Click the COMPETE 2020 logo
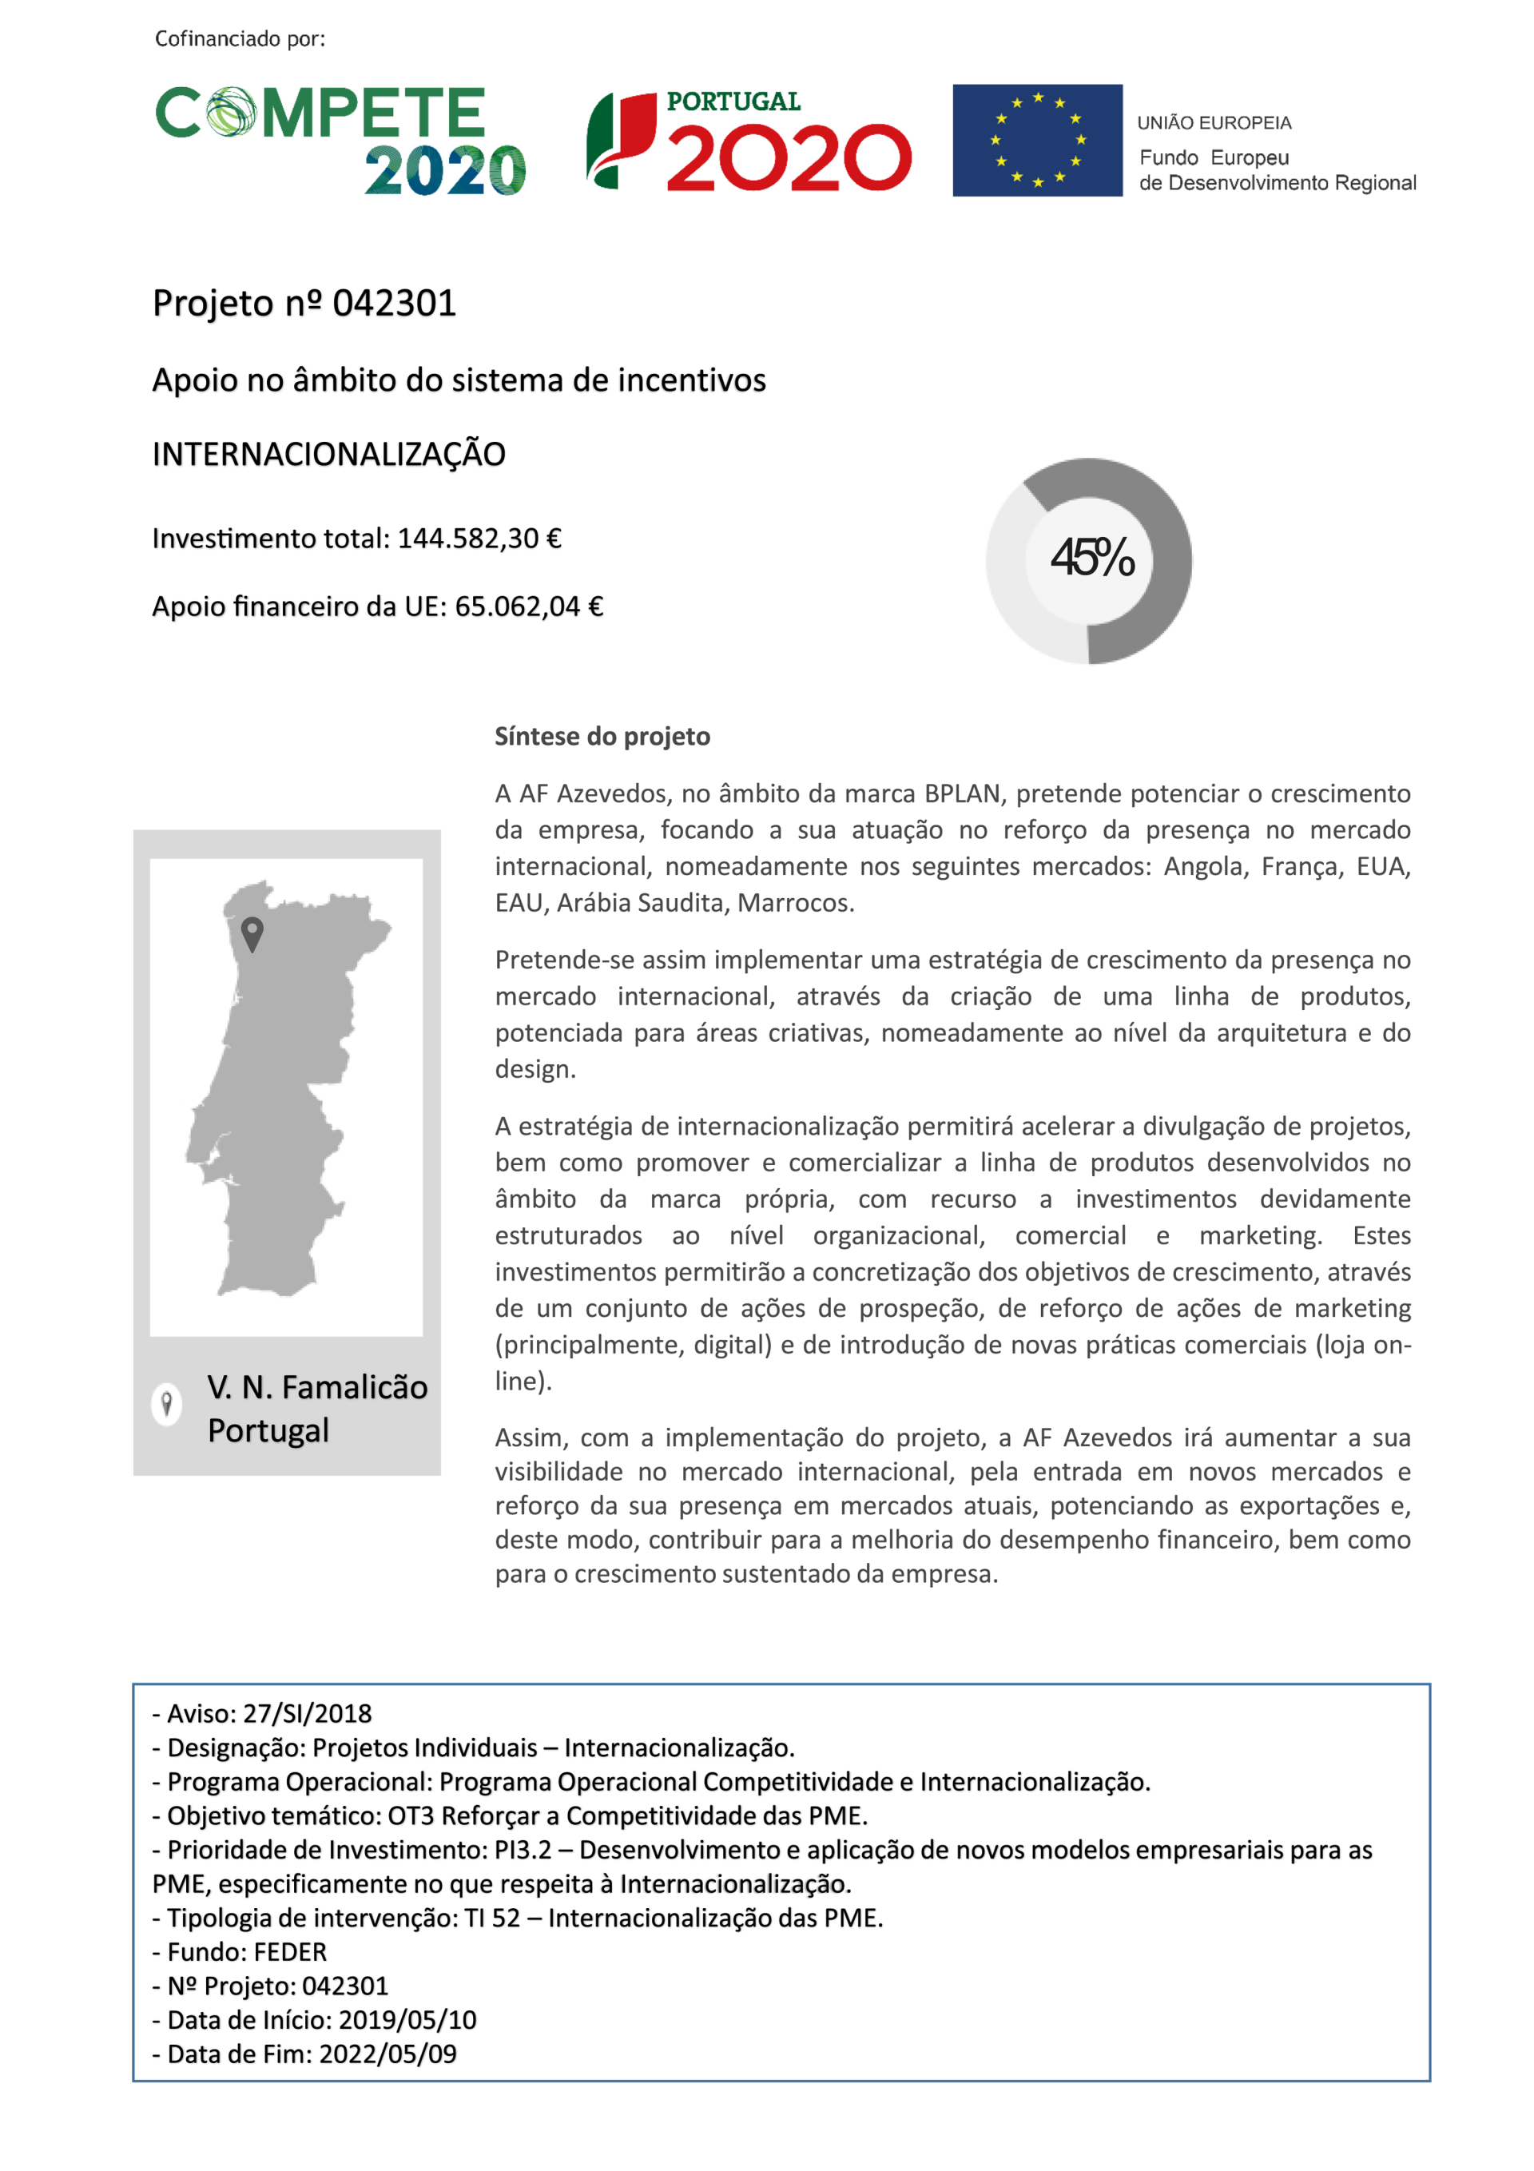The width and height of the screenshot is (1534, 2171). (x=340, y=140)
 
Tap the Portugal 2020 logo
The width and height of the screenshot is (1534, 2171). (x=749, y=142)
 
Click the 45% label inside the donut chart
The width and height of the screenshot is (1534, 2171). (x=1091, y=557)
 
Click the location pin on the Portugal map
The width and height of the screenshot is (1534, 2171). (x=252, y=932)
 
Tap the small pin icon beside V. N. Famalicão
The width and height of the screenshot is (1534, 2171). (x=166, y=1403)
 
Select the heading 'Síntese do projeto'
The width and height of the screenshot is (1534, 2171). (x=602, y=737)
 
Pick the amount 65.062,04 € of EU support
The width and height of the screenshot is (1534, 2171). (x=529, y=606)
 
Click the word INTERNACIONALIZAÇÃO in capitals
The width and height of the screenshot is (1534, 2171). (x=328, y=455)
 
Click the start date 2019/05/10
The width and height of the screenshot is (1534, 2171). (x=407, y=2020)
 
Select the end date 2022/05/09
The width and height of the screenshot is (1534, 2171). (x=387, y=2054)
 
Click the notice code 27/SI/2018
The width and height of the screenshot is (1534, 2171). (x=308, y=1713)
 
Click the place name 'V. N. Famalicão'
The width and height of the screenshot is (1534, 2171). (x=318, y=1387)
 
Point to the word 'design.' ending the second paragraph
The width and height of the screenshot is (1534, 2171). (x=535, y=1069)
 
